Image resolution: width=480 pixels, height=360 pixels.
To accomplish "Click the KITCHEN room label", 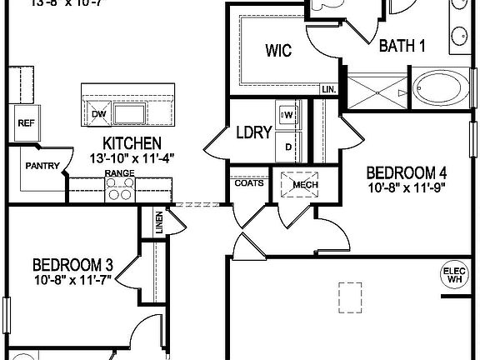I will click(x=132, y=142).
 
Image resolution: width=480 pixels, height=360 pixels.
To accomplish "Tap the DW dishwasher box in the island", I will click(x=99, y=114).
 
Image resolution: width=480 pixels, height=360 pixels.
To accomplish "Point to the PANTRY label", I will click(x=42, y=166).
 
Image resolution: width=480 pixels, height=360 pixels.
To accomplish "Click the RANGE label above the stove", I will click(x=119, y=173).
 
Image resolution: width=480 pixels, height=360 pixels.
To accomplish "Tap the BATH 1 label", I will click(x=402, y=46).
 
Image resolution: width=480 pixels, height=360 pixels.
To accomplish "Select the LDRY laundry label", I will click(x=251, y=132).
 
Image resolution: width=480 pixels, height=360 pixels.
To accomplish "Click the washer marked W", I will click(x=288, y=116).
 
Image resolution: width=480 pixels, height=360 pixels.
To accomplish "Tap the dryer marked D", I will click(x=288, y=147).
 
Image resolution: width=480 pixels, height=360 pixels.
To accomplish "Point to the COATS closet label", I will click(x=249, y=182).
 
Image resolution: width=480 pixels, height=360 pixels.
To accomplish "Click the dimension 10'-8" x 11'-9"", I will click(x=407, y=188).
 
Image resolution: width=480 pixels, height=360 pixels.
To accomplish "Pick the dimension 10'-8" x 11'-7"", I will click(x=72, y=282).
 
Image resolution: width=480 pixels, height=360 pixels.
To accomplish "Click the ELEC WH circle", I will click(x=454, y=275).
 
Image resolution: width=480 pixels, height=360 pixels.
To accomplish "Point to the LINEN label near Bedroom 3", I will click(x=159, y=222).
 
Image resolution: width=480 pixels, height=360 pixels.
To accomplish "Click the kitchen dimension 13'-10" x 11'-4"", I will click(x=132, y=157).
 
